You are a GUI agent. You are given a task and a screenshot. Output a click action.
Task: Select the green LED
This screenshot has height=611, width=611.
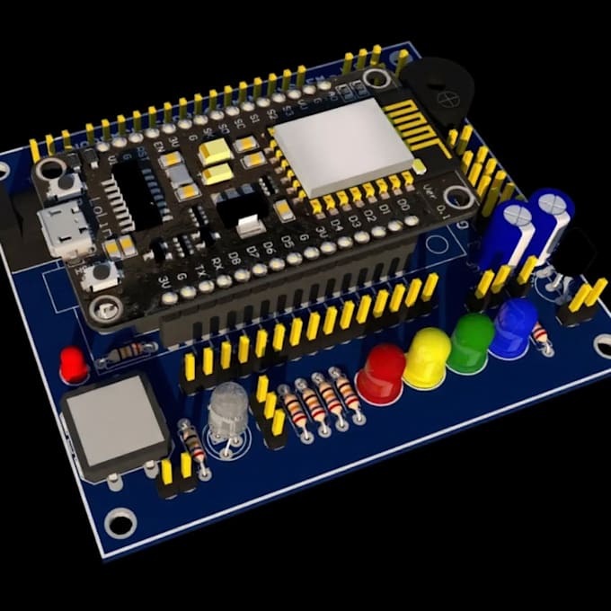(x=471, y=342)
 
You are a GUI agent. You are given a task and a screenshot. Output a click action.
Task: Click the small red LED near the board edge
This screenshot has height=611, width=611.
(x=74, y=364)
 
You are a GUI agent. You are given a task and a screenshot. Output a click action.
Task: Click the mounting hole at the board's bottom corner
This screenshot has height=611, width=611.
(x=120, y=521)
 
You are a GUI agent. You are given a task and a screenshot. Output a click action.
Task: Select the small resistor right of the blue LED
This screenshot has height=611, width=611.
(x=541, y=335)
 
